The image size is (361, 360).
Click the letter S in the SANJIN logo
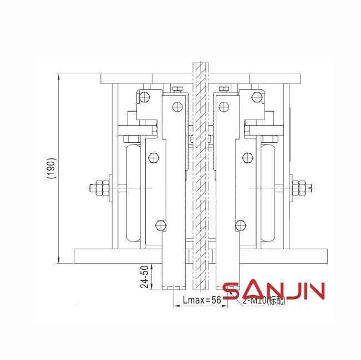click(231, 292)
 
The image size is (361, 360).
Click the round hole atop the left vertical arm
click(177, 106)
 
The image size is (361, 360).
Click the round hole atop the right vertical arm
click(225, 106)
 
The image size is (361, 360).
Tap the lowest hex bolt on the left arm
click(161, 225)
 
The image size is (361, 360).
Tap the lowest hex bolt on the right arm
click(240, 225)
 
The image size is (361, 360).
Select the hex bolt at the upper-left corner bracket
click(145, 98)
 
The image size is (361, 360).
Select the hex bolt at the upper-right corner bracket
click(256, 98)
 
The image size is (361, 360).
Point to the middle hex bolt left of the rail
click(154, 158)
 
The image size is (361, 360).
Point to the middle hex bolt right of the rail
click(247, 158)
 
